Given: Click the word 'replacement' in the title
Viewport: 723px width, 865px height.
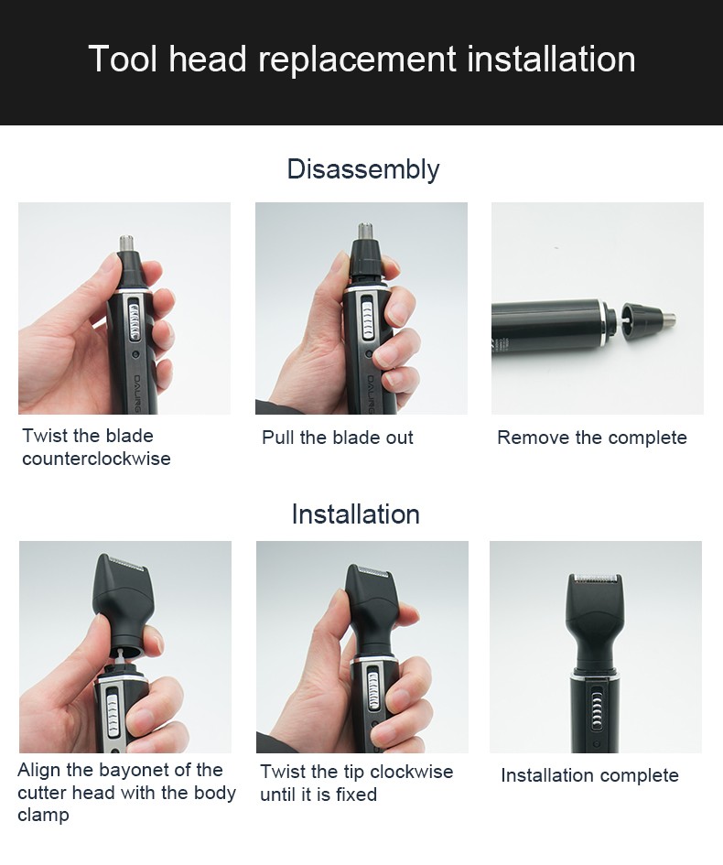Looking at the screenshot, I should click(x=357, y=59).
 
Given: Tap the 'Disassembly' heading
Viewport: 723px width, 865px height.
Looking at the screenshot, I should click(x=362, y=169).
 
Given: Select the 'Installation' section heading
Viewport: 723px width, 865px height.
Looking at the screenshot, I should click(x=355, y=514).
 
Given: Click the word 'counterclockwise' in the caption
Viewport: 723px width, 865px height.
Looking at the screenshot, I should click(x=96, y=459).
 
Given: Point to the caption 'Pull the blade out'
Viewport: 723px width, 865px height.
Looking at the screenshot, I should click(x=338, y=438).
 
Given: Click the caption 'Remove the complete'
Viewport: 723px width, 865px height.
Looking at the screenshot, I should click(x=591, y=438).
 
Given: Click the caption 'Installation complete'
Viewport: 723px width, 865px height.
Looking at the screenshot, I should click(x=589, y=775).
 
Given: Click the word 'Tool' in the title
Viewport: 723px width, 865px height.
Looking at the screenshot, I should click(x=123, y=59).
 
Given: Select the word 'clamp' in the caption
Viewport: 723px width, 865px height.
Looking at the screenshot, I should click(x=42, y=815).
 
